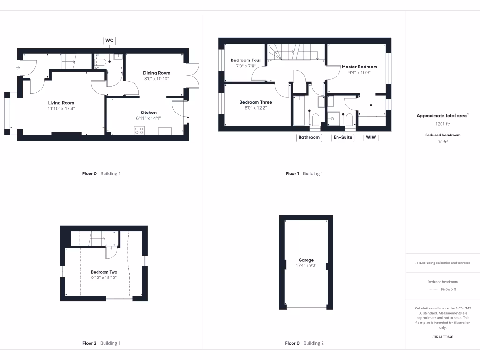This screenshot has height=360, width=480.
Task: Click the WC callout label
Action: tap(109, 41)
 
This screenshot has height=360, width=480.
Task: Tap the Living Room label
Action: tap(61, 103)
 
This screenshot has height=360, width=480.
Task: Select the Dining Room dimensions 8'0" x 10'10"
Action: tap(157, 79)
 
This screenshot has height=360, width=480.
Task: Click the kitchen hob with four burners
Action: tap(139, 131)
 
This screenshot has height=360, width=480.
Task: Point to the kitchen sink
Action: tap(165, 131)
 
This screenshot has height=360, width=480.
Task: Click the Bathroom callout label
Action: tap(309, 137)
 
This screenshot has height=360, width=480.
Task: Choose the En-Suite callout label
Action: tap(343, 137)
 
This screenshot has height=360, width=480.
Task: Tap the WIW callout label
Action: tap(371, 137)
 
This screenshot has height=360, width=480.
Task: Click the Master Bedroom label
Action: tap(359, 67)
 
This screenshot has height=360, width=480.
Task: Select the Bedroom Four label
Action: tap(246, 60)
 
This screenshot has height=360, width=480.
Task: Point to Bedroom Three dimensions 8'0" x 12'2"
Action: tap(255, 108)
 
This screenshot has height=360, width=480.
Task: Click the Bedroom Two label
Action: tap(104, 272)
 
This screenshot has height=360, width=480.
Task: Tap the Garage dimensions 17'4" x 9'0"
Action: tap(306, 266)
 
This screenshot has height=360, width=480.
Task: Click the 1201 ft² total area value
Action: tap(443, 124)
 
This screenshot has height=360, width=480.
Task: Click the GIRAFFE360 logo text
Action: tap(443, 337)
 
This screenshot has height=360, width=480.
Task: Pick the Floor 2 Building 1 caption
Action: tap(101, 343)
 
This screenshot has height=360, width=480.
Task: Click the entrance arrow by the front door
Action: tap(18, 68)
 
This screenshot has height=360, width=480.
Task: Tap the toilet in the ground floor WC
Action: tap(101, 61)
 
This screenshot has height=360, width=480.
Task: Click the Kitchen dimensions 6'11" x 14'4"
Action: tap(149, 118)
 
